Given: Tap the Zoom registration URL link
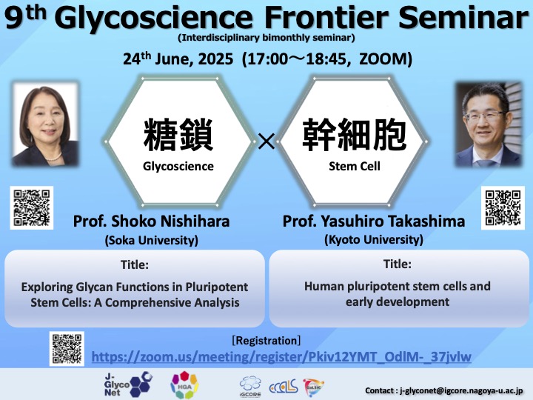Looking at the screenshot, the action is click(281, 357).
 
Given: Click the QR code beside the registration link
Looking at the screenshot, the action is click(67, 349).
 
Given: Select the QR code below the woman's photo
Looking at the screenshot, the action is click(32, 208).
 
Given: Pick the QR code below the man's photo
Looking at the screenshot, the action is click(503, 208).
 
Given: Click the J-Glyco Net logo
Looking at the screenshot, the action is click(128, 384).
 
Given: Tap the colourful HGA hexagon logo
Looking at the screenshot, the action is click(184, 384).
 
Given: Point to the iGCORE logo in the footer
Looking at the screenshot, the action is click(250, 387).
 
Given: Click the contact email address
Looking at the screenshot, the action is click(461, 390).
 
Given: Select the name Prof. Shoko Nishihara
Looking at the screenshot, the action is click(151, 221).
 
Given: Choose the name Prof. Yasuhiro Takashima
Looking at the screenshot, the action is click(374, 221).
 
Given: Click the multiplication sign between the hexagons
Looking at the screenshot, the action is click(266, 141).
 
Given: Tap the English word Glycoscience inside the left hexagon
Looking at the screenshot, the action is click(178, 167).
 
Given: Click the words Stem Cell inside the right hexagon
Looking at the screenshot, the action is click(355, 166).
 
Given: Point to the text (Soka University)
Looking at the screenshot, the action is click(152, 241).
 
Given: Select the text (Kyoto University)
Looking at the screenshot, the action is click(374, 240).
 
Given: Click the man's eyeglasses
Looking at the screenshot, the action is click(484, 116).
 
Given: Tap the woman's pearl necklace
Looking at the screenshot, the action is click(54, 158).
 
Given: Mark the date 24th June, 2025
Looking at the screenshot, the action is click(178, 59).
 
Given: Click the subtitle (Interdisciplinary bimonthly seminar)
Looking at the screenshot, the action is click(266, 38).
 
